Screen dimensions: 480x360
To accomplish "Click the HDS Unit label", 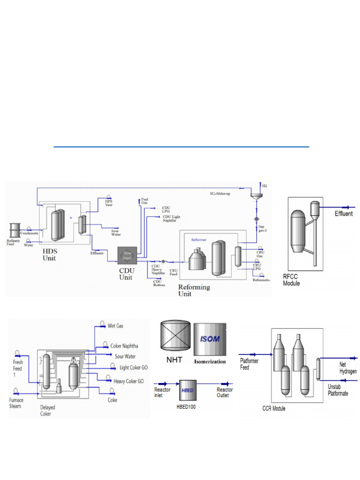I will click(x=49, y=255).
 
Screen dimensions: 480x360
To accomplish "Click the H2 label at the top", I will click(x=265, y=186).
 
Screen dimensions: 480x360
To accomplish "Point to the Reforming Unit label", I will click(x=194, y=290).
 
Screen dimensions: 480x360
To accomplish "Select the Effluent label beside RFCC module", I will click(x=344, y=214).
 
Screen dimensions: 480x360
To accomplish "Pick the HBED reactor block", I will click(x=187, y=390).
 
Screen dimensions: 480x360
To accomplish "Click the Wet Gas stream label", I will click(x=115, y=325).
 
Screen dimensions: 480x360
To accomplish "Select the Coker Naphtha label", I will click(x=124, y=346).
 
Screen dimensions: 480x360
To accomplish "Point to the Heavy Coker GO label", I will click(x=128, y=381).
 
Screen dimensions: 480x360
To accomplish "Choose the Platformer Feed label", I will click(x=249, y=364).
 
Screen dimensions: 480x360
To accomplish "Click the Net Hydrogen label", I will click(x=348, y=367).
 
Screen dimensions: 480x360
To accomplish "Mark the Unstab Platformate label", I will click(x=337, y=390).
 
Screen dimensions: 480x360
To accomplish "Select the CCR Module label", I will click(x=274, y=408).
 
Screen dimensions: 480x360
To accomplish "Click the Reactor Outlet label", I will click(x=225, y=392).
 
